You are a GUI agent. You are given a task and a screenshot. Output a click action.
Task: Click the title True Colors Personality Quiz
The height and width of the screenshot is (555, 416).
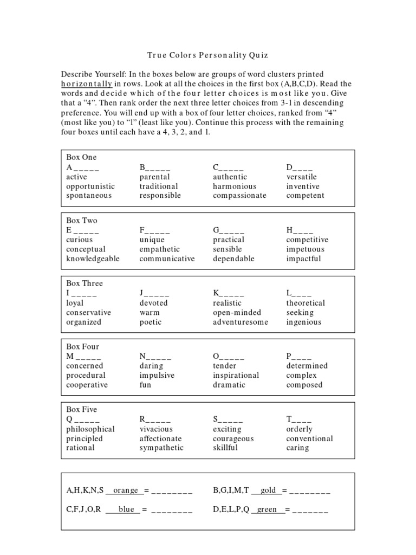207,55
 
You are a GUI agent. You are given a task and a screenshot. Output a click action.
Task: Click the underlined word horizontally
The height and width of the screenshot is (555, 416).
87,83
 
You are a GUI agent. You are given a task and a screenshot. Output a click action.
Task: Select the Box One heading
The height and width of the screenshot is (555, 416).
81,157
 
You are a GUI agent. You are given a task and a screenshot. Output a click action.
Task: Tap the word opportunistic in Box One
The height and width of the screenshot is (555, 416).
90,186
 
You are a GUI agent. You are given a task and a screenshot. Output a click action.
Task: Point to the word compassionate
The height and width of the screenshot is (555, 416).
239,196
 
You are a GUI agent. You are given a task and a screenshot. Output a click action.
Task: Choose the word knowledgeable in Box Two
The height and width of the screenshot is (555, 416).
93,259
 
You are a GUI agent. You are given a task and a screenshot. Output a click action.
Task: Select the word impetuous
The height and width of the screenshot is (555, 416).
305,249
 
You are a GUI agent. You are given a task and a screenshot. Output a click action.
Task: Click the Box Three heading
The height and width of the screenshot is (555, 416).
84,283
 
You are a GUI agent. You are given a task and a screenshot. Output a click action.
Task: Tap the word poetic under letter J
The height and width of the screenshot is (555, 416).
151,322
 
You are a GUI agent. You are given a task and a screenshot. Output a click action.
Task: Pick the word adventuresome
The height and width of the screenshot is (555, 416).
240,322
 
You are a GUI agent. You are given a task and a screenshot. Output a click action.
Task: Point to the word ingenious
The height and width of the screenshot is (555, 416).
304,322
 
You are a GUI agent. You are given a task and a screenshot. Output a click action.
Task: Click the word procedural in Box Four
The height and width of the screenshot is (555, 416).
86,376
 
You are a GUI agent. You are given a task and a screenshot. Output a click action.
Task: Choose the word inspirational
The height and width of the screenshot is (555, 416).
236,376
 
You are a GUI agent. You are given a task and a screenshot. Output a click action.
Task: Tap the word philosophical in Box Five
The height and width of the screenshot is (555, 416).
90,429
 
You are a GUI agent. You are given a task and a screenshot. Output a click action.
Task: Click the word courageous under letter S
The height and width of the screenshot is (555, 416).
233,439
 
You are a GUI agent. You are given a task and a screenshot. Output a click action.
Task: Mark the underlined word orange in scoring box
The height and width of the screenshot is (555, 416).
125,491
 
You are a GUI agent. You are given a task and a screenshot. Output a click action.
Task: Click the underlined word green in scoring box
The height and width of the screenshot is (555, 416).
267,510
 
